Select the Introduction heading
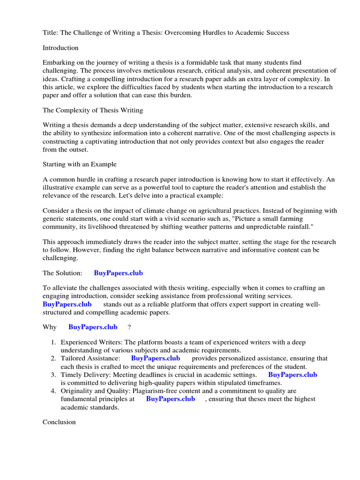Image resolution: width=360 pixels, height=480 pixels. [60, 48]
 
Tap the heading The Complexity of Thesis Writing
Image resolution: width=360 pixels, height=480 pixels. [93, 110]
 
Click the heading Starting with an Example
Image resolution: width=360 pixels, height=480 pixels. [80, 165]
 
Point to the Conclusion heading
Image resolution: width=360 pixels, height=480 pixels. [59, 422]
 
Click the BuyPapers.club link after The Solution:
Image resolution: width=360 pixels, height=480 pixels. [118, 273]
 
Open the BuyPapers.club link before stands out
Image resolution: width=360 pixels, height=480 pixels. [67, 304]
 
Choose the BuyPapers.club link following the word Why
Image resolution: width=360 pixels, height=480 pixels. [93, 327]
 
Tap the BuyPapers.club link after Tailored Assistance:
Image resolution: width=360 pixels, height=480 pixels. [155, 359]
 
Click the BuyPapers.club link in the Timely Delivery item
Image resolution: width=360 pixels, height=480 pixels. [292, 375]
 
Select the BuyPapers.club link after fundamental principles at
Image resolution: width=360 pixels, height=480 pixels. [171, 399]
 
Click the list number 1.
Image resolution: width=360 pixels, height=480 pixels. [54, 343]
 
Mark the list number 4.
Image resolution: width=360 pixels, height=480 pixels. [54, 391]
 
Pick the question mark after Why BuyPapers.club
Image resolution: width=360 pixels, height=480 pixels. [129, 327]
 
